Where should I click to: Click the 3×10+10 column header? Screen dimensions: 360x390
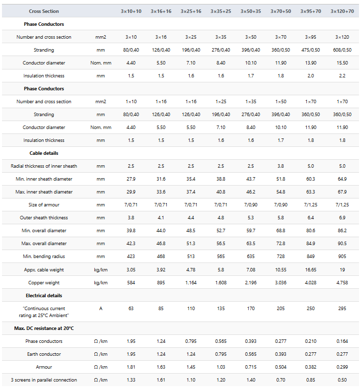coord(131,11)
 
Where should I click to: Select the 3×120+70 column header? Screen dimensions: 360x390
coord(342,11)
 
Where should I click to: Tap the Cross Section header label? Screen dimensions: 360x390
coord(44,11)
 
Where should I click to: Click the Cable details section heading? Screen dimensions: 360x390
coord(44,153)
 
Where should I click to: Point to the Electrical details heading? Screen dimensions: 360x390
coord(44,296)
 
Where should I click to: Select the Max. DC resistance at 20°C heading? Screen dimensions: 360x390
coord(44,328)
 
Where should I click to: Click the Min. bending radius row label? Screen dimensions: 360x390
coord(44,257)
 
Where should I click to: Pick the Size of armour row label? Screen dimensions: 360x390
coord(44,205)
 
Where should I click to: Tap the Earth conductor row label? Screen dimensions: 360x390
coord(44,354)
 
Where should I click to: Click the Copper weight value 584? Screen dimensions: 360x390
coord(131,282)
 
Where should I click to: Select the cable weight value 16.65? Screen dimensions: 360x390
coord(311,269)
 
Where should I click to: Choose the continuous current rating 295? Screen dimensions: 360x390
coord(342,309)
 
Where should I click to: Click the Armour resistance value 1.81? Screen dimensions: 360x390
coord(131,367)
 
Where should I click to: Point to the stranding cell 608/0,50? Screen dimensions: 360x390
coord(342,50)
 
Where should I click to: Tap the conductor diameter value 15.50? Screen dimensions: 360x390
coord(342,63)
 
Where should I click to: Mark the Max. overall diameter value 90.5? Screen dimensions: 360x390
coord(342,244)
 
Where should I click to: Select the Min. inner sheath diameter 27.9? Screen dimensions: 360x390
coord(131,179)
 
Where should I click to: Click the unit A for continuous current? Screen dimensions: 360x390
coord(101,309)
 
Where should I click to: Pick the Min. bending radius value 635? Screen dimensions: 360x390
coord(251,257)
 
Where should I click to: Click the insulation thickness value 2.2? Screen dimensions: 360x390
coord(342,76)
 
